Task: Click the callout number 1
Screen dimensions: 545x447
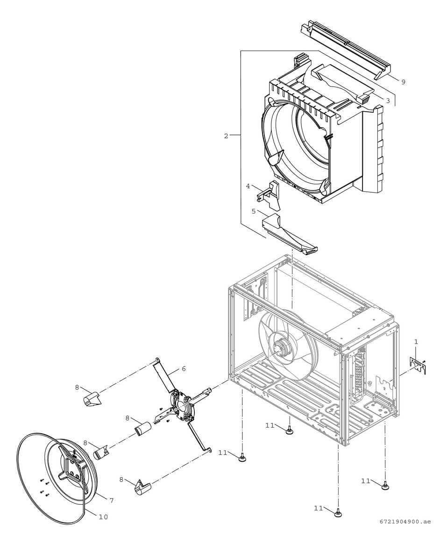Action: [416, 342]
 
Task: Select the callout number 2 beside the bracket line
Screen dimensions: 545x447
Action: [226, 136]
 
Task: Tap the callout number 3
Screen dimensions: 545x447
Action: [388, 100]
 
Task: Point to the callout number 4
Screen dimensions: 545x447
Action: [248, 186]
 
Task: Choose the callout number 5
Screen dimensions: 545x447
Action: [254, 211]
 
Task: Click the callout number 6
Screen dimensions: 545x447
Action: [184, 369]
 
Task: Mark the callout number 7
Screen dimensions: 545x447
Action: [111, 500]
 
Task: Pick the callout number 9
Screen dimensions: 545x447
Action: [403, 82]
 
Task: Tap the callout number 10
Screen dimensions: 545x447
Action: [103, 516]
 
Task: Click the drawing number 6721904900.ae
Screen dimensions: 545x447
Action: [405, 521]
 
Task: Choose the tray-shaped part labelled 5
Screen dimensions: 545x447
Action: [290, 234]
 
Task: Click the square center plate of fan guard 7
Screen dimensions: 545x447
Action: [72, 467]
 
